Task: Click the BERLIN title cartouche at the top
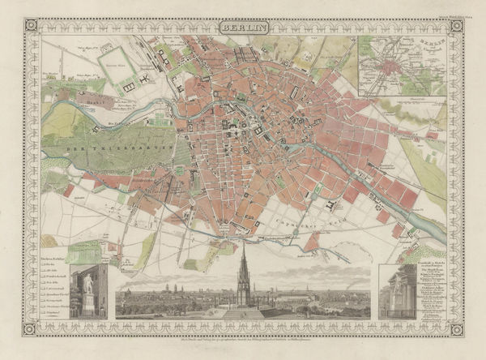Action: [x=242, y=27]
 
